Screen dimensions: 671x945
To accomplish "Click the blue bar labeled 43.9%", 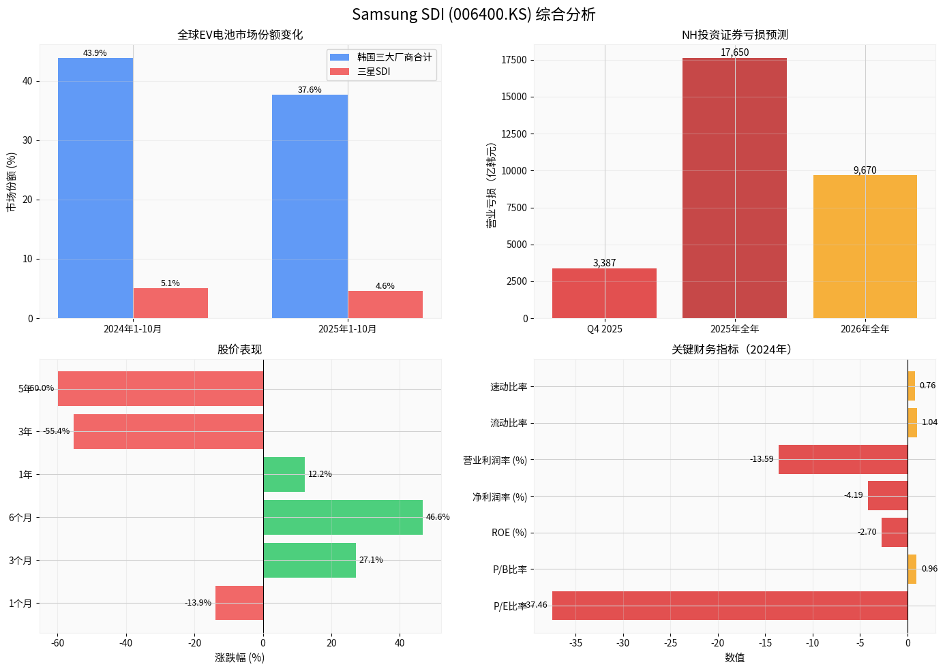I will coord(95,187).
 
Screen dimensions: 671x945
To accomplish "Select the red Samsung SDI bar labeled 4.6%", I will coord(385,305).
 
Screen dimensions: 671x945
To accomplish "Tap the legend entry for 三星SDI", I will coord(374,72).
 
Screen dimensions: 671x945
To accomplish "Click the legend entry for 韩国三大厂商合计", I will coord(394,57).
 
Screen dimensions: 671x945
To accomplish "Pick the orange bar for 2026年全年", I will coord(865,247).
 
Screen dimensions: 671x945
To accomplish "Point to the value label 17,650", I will coord(734,52).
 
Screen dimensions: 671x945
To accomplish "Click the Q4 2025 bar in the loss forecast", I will coord(604,293).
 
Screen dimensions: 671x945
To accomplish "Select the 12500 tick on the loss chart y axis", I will coord(513,134).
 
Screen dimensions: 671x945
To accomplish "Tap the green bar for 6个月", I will coord(342,517).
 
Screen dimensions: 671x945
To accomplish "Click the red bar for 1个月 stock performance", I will coord(239,603).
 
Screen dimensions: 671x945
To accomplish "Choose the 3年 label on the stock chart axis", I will coord(25,432).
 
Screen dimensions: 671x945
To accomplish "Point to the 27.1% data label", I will coord(371,560).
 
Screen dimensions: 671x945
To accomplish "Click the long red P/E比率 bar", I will coord(730,606).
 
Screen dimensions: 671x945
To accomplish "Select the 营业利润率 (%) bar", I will coord(843,460).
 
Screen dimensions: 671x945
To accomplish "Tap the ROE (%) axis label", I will coord(509,533).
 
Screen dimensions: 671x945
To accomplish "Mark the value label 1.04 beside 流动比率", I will coord(929,422).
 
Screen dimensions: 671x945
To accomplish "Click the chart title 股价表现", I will coord(239,349).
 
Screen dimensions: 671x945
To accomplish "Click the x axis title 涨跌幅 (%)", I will coord(239,657).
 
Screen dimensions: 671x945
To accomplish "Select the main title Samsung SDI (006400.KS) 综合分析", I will coord(473,14).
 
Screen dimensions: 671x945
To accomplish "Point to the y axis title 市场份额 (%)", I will coord(11,182).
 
